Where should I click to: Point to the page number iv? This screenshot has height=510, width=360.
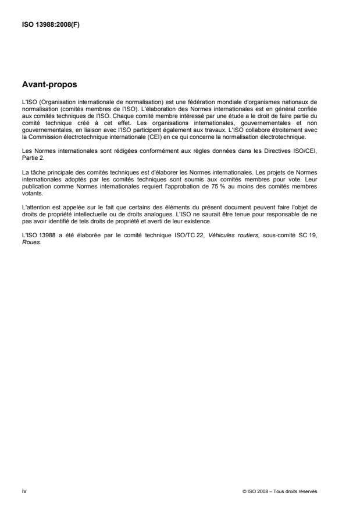click(24, 491)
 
